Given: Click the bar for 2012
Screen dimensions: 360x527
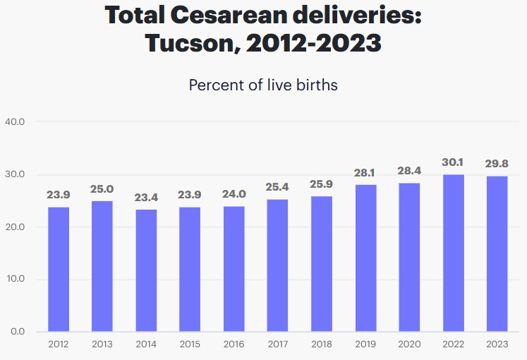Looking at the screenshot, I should click(x=59, y=269).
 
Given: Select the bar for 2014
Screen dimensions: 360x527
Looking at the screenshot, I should click(x=146, y=270).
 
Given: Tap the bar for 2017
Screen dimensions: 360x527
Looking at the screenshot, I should click(x=278, y=265).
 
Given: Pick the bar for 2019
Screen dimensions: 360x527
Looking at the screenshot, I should click(x=365, y=258).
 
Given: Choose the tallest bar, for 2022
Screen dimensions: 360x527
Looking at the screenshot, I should click(x=453, y=253).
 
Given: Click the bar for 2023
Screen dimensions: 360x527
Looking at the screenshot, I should click(x=497, y=253).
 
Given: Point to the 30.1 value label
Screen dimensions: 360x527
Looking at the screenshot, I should click(x=453, y=162).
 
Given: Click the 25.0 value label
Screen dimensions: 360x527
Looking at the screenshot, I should click(x=102, y=189).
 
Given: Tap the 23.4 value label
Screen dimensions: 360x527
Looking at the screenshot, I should click(x=146, y=198).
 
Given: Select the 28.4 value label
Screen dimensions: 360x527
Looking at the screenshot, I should click(x=409, y=171).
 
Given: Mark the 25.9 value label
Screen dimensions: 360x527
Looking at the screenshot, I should click(x=322, y=184).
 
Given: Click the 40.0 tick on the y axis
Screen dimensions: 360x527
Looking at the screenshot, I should click(x=15, y=122).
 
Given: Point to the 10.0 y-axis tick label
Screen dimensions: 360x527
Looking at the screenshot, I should click(x=15, y=279).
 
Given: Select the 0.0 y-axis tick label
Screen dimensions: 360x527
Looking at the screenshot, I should click(x=17, y=331).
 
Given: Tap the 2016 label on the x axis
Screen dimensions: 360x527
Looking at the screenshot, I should click(x=234, y=344).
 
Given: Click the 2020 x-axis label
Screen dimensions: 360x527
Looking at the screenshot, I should click(x=409, y=344).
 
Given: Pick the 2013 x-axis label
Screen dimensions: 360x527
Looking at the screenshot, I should click(x=102, y=344).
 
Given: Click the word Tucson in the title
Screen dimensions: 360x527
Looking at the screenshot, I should click(x=186, y=43).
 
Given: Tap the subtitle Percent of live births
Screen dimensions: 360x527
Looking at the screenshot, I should click(x=263, y=85).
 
